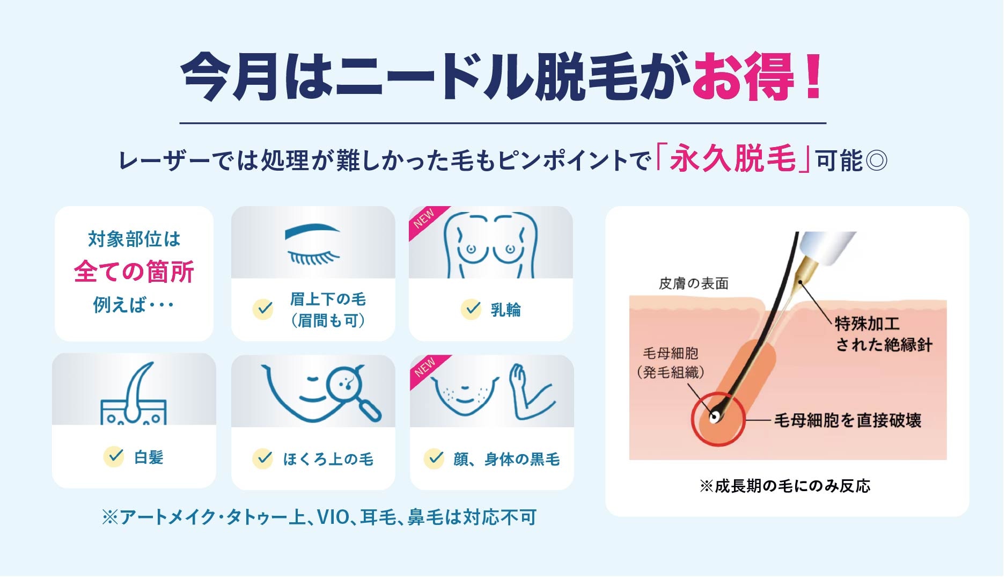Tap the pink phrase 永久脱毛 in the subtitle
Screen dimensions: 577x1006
click(x=732, y=159)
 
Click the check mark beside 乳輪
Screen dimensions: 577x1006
click(x=471, y=309)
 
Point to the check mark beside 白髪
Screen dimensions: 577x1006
click(x=114, y=457)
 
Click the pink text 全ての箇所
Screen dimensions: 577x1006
click(x=134, y=272)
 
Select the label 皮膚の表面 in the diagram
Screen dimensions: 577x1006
click(x=693, y=283)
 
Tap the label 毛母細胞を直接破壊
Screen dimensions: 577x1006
click(x=847, y=420)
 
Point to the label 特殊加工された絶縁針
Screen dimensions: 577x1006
click(x=883, y=334)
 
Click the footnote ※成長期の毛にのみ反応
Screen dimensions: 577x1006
click(x=785, y=486)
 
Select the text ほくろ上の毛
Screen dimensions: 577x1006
click(x=328, y=459)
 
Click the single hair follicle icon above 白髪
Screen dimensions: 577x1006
click(x=134, y=395)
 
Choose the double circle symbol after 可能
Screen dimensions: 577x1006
click(x=876, y=160)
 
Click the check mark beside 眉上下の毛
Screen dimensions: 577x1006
click(x=263, y=309)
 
